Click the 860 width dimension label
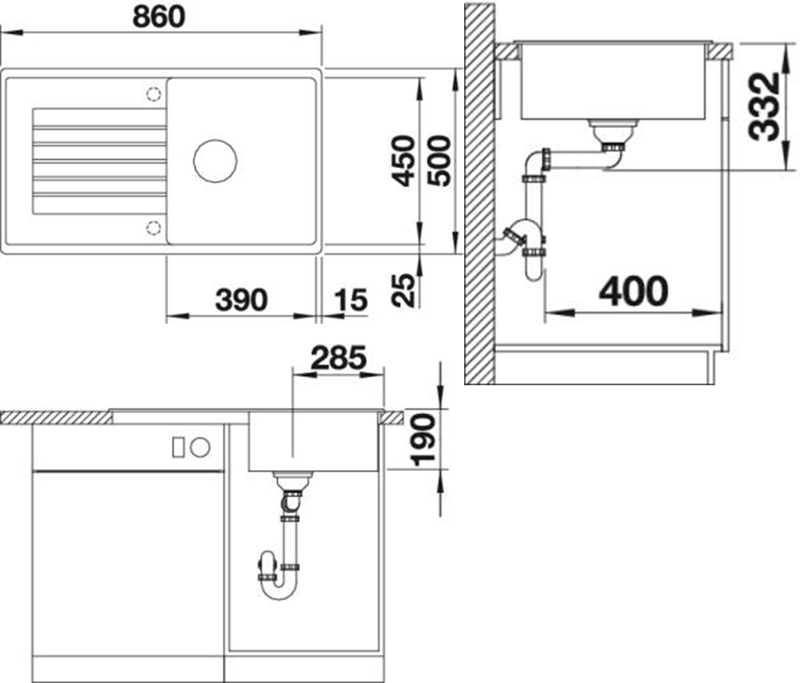click(159, 17)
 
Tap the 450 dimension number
click(403, 162)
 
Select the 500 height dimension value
click(439, 162)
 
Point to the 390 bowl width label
click(241, 300)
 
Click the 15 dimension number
click(351, 300)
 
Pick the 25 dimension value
click(404, 290)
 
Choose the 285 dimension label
click(339, 358)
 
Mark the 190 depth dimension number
click(424, 440)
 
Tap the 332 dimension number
click(765, 107)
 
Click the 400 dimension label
click(634, 291)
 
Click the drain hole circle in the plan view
click(215, 161)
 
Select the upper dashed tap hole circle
click(153, 95)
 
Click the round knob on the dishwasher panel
click(200, 448)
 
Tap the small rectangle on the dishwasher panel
click(178, 448)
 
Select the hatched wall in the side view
click(479, 194)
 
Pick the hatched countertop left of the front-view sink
click(56, 418)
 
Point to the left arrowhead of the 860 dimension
click(11, 32)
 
